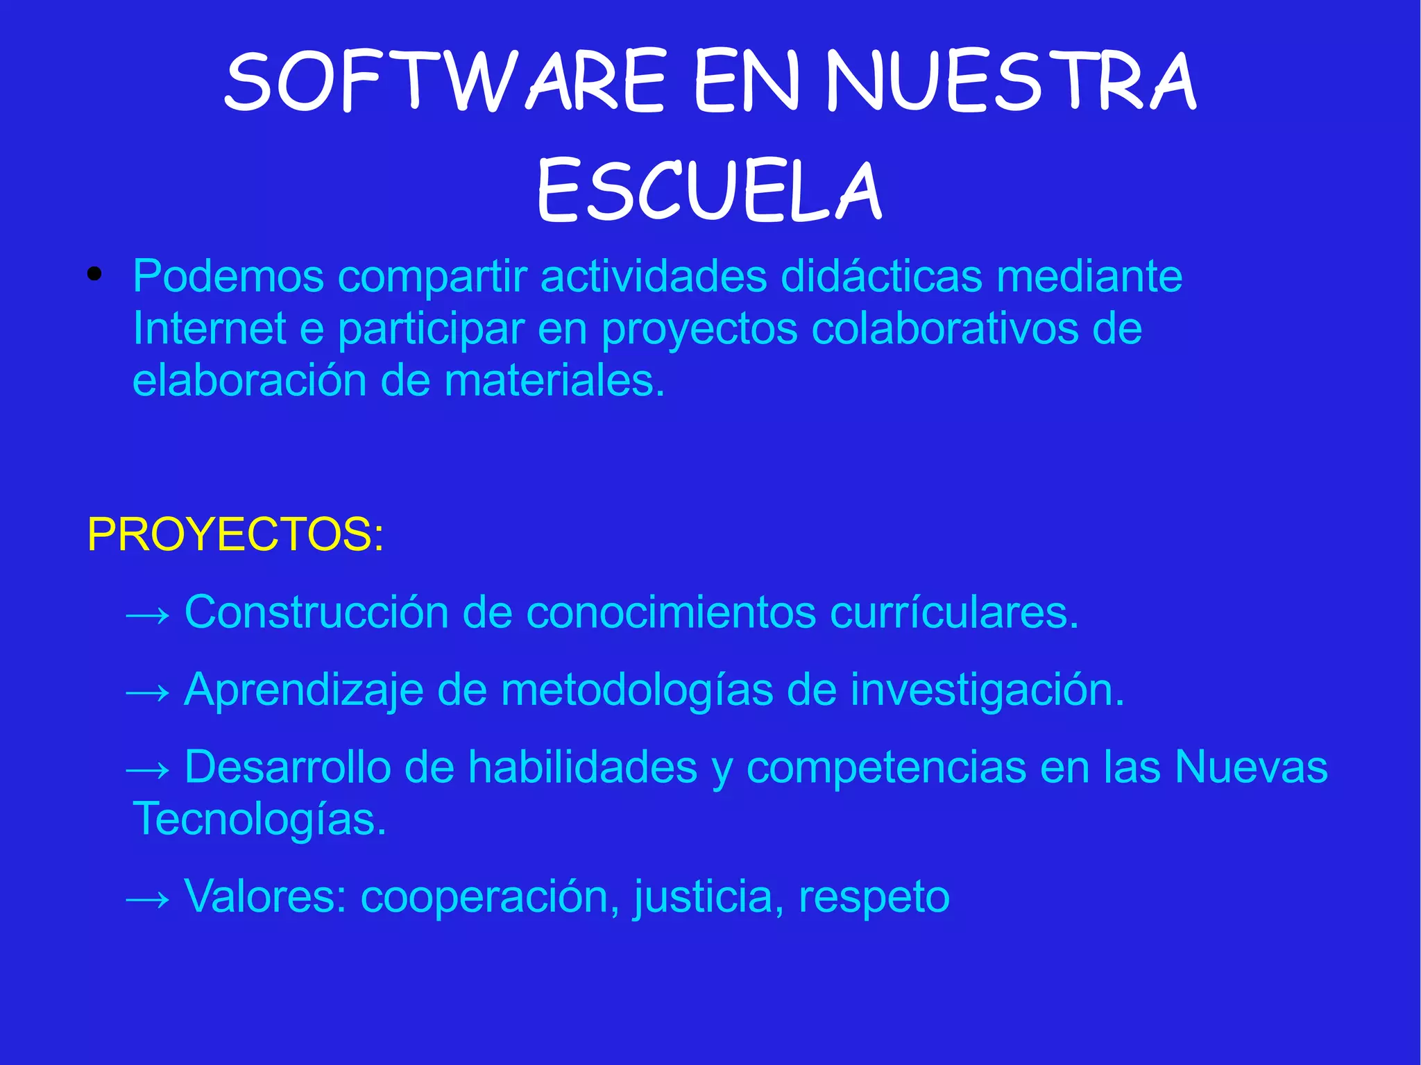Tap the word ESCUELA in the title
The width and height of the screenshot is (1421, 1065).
709,191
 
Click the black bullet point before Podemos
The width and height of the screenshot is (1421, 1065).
95,275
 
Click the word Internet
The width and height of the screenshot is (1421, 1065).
209,328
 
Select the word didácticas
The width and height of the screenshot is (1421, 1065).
881,276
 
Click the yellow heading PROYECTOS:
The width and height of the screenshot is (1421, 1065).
235,534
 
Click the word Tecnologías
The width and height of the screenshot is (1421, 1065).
259,819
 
